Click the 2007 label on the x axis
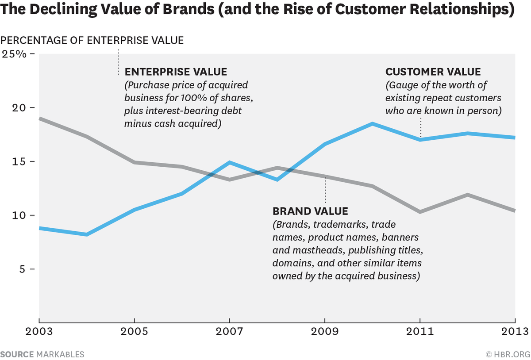pyautogui.click(x=230, y=332)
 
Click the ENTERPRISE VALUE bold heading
pyautogui.click(x=176, y=72)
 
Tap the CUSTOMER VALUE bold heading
pyautogui.click(x=433, y=72)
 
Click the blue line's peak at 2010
pyautogui.click(x=373, y=124)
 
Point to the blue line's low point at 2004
pyautogui.click(x=87, y=234)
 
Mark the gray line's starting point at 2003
pyautogui.click(x=40, y=119)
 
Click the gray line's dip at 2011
pyautogui.click(x=420, y=212)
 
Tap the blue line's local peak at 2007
pyautogui.click(x=230, y=162)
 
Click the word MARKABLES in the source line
pyautogui.click(x=60, y=354)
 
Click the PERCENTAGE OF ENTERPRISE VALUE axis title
pyautogui.click(x=92, y=41)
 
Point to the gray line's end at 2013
pyautogui.click(x=515, y=211)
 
